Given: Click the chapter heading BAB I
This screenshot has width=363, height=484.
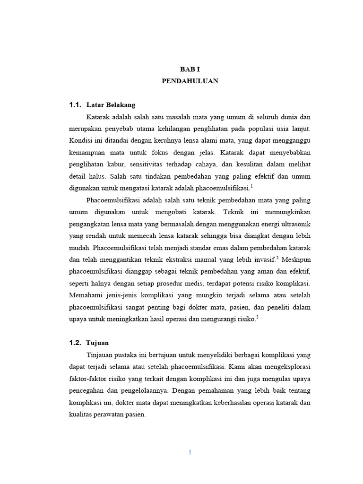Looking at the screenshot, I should pyautogui.click(x=190, y=69).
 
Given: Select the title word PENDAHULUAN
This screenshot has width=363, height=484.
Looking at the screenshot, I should pyautogui.click(x=190, y=81).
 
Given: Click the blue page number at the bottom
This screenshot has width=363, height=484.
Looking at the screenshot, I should pyautogui.click(x=190, y=452).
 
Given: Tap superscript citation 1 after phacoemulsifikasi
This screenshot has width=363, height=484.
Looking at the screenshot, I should pyautogui.click(x=252, y=186).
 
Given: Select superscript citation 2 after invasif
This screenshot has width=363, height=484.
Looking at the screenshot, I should pyautogui.click(x=278, y=257).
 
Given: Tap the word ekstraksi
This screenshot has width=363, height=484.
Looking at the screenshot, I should pyautogui.click(x=181, y=259).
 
